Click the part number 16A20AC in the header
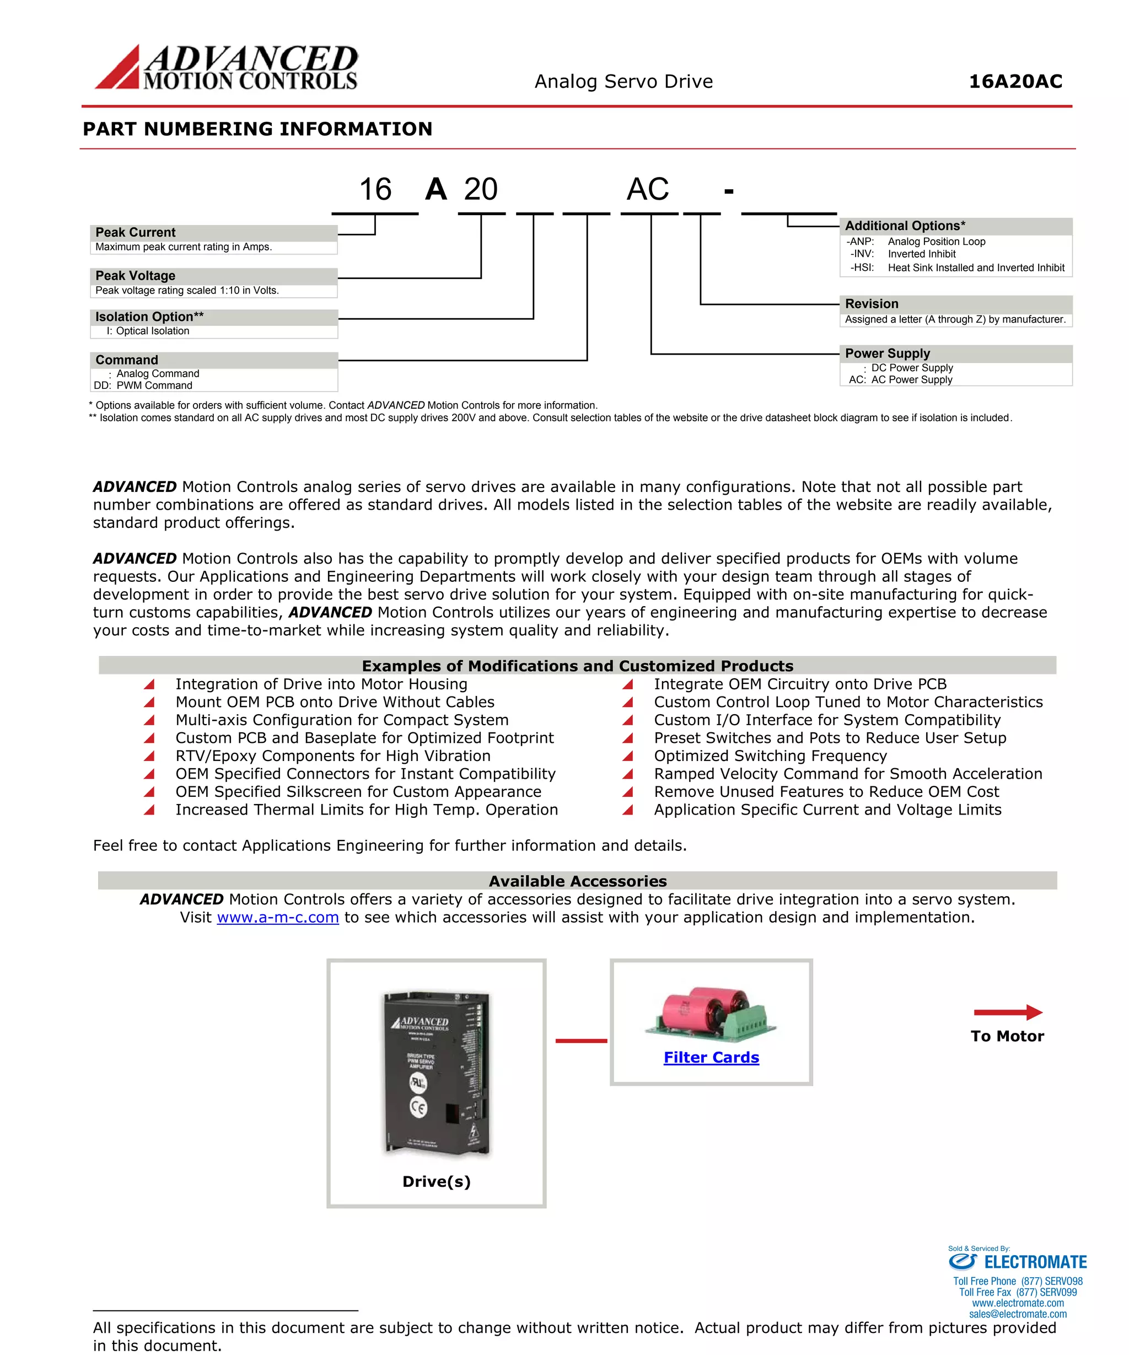(1015, 82)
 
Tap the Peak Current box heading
(136, 232)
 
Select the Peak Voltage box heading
(136, 276)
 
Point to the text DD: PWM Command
(143, 385)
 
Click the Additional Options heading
(905, 226)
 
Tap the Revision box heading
(871, 304)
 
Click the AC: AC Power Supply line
(900, 379)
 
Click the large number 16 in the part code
(375, 190)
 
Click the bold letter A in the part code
(436, 190)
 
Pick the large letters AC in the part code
(647, 190)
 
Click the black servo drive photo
(437, 1073)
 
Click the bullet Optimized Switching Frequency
(770, 756)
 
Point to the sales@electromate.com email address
(1018, 1314)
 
